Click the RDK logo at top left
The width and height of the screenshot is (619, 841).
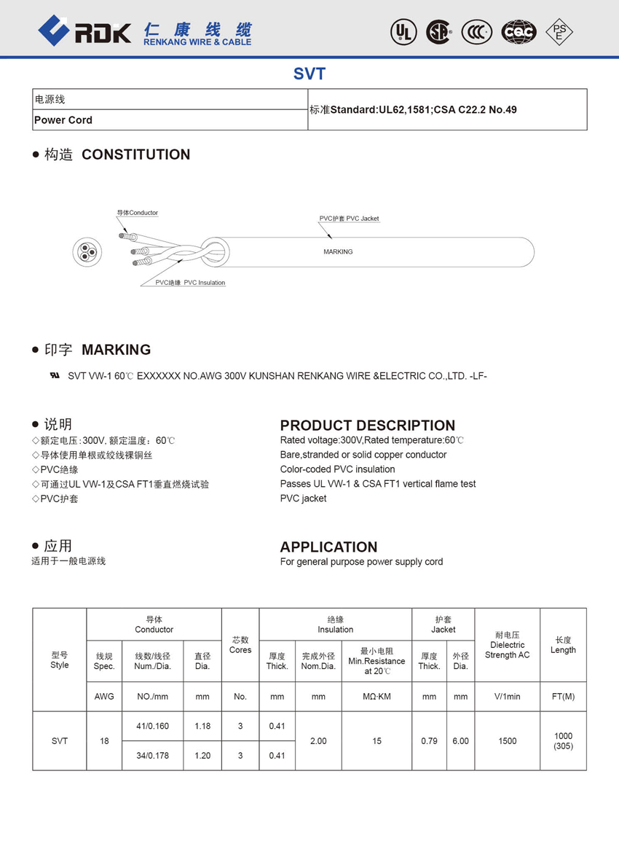coord(84,31)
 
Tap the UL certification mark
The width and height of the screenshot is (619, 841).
coord(401,31)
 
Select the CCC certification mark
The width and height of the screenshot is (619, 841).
coord(477,31)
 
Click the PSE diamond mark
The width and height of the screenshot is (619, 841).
coord(559,31)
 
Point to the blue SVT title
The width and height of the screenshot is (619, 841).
coord(309,74)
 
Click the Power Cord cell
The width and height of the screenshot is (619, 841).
coord(64,120)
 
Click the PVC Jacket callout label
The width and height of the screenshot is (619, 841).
coord(349,219)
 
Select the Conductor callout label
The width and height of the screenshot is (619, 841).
coord(138,213)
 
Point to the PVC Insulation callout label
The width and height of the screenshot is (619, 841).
coord(190,283)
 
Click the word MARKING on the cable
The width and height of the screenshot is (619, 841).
coord(338,252)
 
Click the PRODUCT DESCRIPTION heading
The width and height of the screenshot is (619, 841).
coord(368,426)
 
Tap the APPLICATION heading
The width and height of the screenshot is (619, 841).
coord(328,547)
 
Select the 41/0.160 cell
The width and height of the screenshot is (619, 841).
coord(152,726)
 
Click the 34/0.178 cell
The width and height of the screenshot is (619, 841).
coord(152,756)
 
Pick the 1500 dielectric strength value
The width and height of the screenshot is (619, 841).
coord(507,741)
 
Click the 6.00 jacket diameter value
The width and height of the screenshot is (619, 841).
coord(460,741)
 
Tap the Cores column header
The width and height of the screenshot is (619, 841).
coord(240,645)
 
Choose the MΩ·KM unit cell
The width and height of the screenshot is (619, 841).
coord(376,697)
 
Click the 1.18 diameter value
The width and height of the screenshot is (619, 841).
coord(202,726)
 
